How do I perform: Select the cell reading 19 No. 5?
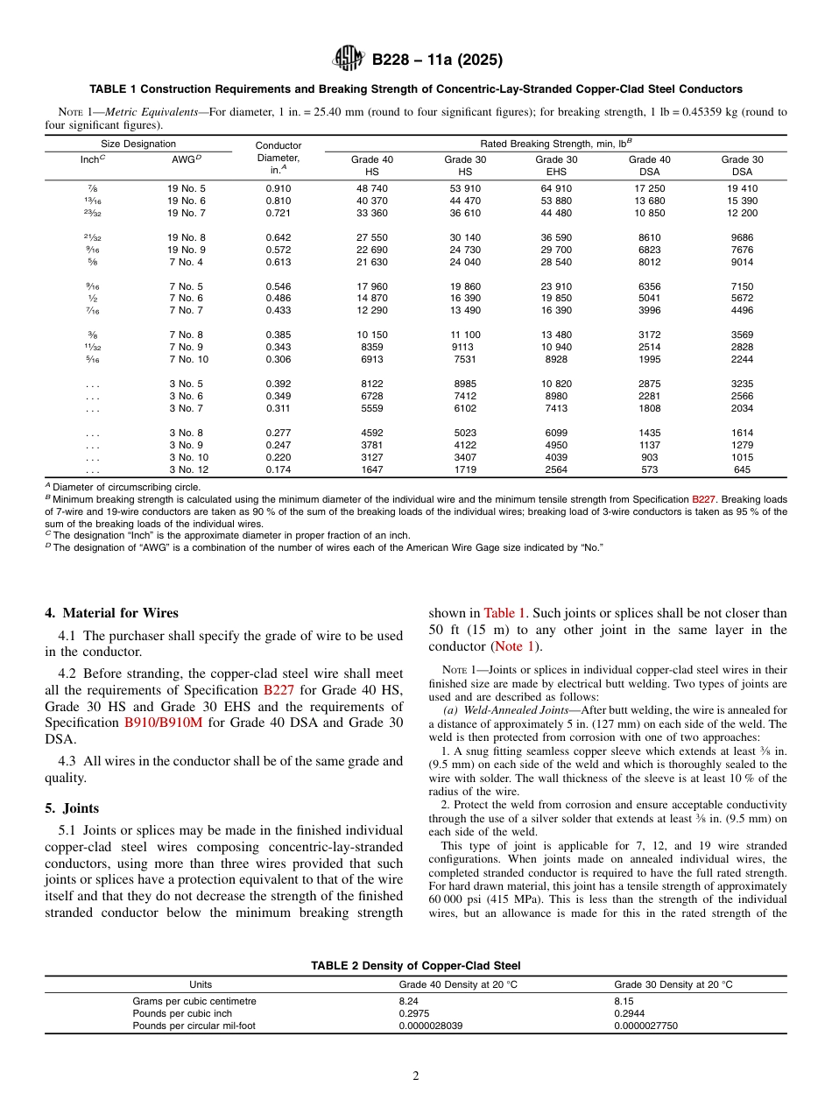point(187,188)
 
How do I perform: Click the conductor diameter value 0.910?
point(278,188)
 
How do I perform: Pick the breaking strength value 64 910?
point(556,188)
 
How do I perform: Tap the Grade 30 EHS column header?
point(556,166)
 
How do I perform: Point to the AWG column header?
point(184,159)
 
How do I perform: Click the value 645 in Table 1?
point(742,470)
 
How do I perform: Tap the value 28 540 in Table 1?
point(556,262)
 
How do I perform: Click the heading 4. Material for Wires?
point(111,613)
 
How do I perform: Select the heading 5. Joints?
point(72,808)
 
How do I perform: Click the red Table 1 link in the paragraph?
point(505,613)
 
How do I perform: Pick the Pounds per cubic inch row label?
point(182,1013)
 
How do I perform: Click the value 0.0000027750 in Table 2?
point(645,1026)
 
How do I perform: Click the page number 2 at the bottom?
point(416,1076)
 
